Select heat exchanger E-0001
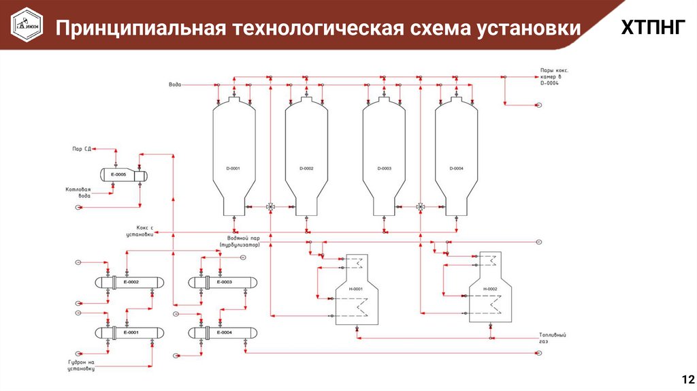130,332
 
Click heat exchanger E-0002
130,282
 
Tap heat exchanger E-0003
224,282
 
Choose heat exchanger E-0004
224,332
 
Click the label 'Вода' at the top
175,84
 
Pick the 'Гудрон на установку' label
80,365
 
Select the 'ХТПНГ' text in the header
650,28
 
